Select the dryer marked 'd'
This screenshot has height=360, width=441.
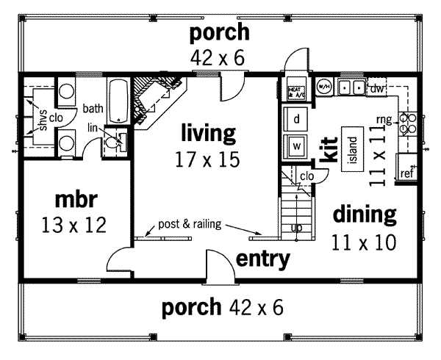click(295, 118)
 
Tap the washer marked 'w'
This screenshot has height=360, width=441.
click(295, 145)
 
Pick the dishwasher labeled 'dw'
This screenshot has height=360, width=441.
click(378, 89)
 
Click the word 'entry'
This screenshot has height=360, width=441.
click(262, 259)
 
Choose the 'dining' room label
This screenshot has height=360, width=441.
click(365, 215)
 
